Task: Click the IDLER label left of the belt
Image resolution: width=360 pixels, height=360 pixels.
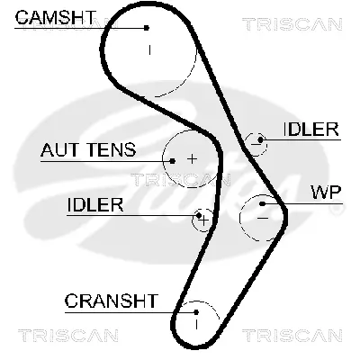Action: [x=94, y=205]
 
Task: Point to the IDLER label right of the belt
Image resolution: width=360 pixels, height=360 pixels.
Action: [x=311, y=129]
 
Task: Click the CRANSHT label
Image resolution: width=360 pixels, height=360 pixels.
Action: [x=110, y=301]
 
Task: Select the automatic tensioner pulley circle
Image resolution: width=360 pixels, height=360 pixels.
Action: [x=185, y=158]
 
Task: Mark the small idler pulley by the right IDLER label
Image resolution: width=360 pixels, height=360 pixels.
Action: [x=257, y=140]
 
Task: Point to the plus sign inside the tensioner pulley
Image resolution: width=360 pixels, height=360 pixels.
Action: [x=191, y=158]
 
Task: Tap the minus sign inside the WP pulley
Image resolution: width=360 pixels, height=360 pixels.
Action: [x=263, y=216]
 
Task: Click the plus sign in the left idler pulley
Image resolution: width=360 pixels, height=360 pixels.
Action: [x=204, y=219]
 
